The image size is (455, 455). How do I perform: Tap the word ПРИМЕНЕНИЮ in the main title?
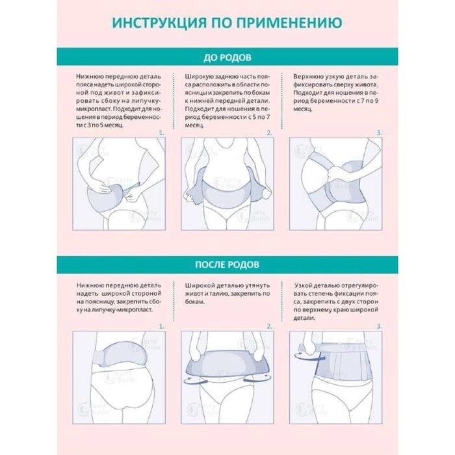[289, 23]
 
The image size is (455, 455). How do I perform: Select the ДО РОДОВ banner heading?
[227, 57]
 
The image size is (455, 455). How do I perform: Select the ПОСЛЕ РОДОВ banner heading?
[227, 265]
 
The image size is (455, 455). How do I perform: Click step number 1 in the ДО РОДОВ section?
[162, 133]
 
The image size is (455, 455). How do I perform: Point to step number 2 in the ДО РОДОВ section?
[270, 133]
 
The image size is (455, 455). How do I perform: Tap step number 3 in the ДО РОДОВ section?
[379, 133]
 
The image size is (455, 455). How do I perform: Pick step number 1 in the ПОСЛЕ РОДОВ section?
[162, 326]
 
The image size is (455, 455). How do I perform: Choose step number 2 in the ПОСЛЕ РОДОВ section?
[270, 326]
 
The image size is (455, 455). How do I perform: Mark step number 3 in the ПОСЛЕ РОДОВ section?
[379, 326]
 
